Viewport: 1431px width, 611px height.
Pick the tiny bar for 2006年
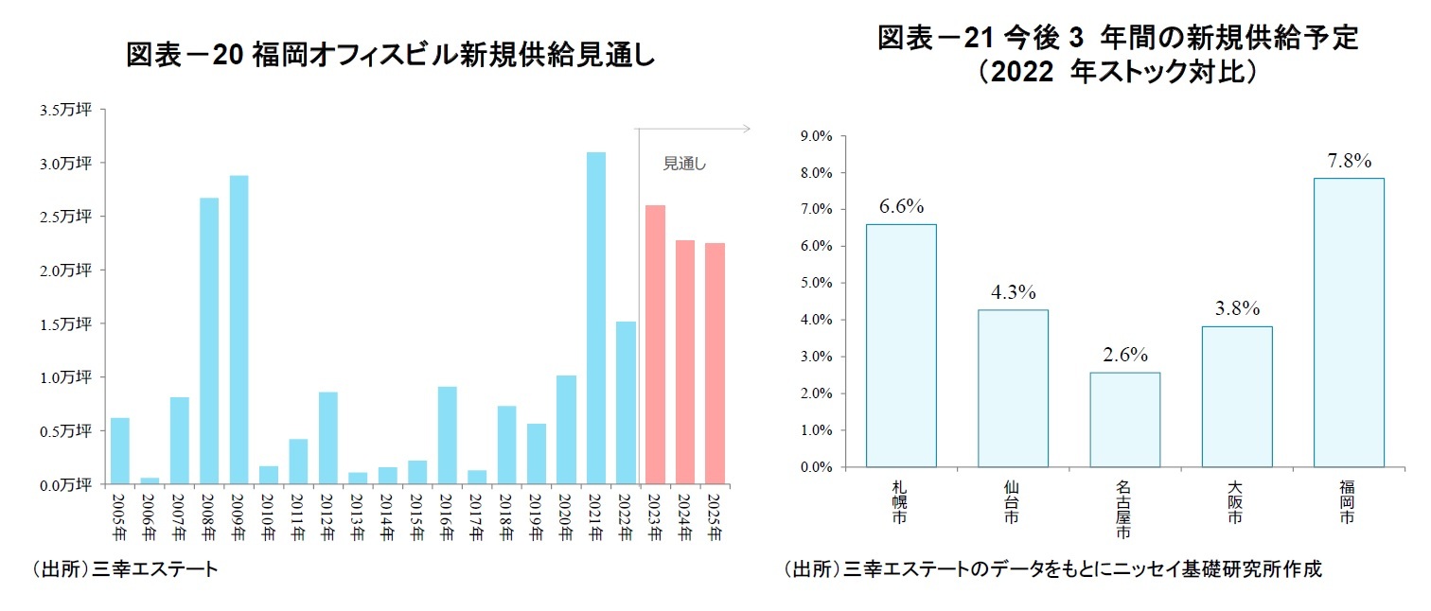[x=150, y=480]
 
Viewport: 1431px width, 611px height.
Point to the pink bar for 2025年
[x=714, y=363]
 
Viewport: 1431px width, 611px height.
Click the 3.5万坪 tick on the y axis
[x=65, y=110]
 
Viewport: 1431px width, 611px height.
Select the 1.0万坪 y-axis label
[x=65, y=377]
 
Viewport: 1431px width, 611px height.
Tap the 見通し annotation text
[x=685, y=164]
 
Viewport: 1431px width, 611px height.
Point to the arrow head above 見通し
[x=746, y=128]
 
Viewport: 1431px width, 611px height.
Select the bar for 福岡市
[x=1349, y=322]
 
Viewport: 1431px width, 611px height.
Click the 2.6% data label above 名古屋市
[x=1124, y=355]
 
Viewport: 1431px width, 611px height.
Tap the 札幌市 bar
[x=900, y=345]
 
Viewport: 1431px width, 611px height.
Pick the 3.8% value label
[x=1237, y=308]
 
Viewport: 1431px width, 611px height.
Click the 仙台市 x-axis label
[x=1013, y=502]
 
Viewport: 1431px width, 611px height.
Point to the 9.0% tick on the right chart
[x=816, y=136]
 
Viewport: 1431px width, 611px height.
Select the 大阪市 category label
[x=1236, y=502]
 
